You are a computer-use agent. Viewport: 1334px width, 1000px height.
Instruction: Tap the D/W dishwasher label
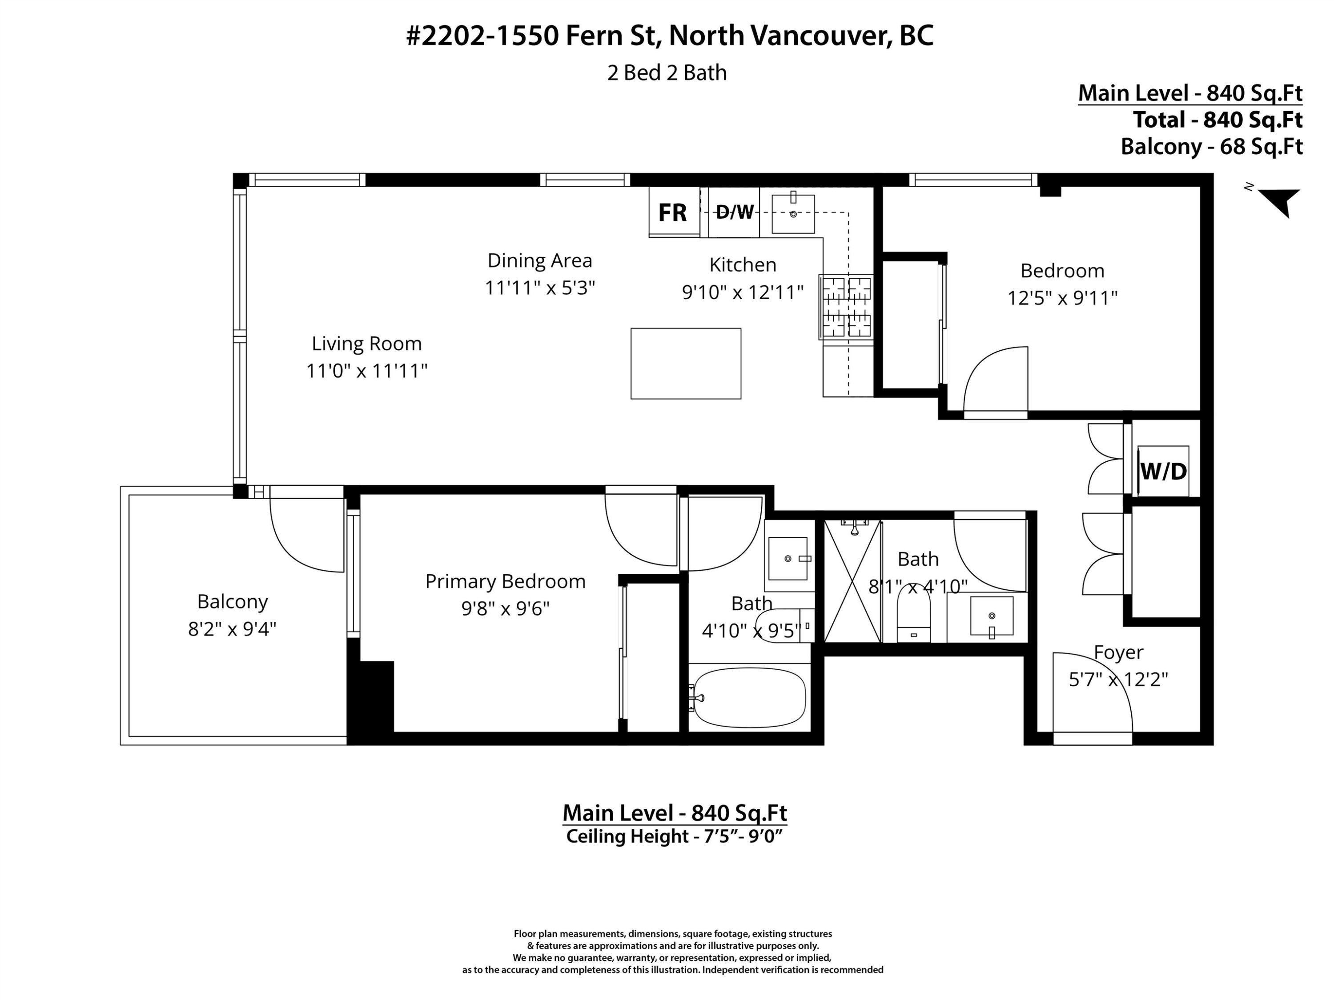pyautogui.click(x=734, y=212)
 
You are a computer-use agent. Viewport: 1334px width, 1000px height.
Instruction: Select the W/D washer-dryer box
pyautogui.click(x=1163, y=471)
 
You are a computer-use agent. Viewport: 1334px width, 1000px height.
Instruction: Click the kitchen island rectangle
pyautogui.click(x=686, y=364)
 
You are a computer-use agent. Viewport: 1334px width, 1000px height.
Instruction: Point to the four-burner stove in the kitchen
pyautogui.click(x=847, y=307)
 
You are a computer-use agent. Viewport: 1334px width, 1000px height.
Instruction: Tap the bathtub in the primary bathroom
pyautogui.click(x=750, y=697)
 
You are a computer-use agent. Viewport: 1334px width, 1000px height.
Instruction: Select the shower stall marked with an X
pyautogui.click(x=852, y=580)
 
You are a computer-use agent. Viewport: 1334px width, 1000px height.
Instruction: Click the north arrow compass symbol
pyautogui.click(x=1279, y=201)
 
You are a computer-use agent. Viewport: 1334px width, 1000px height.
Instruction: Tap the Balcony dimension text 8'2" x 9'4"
pyautogui.click(x=232, y=629)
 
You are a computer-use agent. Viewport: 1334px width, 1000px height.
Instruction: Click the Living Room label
pyautogui.click(x=367, y=344)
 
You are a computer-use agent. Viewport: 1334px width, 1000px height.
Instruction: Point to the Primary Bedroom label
pyautogui.click(x=506, y=581)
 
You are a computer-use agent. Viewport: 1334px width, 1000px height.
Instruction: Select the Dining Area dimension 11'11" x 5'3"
pyautogui.click(x=540, y=288)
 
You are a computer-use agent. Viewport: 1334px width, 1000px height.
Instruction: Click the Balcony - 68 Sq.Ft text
pyautogui.click(x=1212, y=147)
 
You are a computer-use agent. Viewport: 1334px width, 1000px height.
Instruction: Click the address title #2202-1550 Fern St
pyautogui.click(x=669, y=36)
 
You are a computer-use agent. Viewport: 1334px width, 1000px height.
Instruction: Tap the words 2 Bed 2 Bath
pyautogui.click(x=667, y=73)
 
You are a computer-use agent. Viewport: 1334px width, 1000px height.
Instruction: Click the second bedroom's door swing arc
pyautogui.click(x=996, y=380)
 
